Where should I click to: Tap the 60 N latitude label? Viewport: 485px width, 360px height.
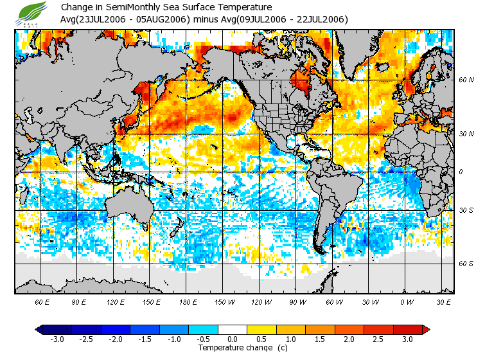[x=466, y=80]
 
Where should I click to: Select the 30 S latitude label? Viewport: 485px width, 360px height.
[x=466, y=210]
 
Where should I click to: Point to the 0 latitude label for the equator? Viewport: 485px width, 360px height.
[x=461, y=172]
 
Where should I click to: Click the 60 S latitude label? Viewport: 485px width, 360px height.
[x=466, y=264]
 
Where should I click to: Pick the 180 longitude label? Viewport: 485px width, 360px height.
[x=188, y=301]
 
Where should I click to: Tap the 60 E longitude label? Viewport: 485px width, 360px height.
[x=42, y=301]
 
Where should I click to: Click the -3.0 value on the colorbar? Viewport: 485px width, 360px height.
[x=57, y=339]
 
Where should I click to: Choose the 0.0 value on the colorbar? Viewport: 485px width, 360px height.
[x=233, y=339]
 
